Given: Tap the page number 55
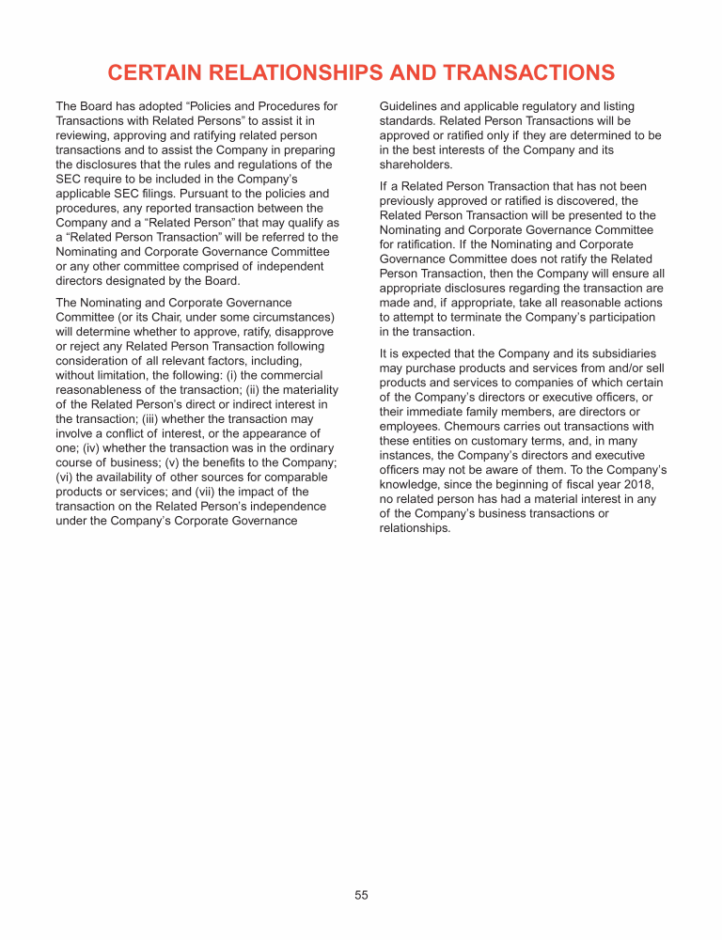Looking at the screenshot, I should tap(361, 895).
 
